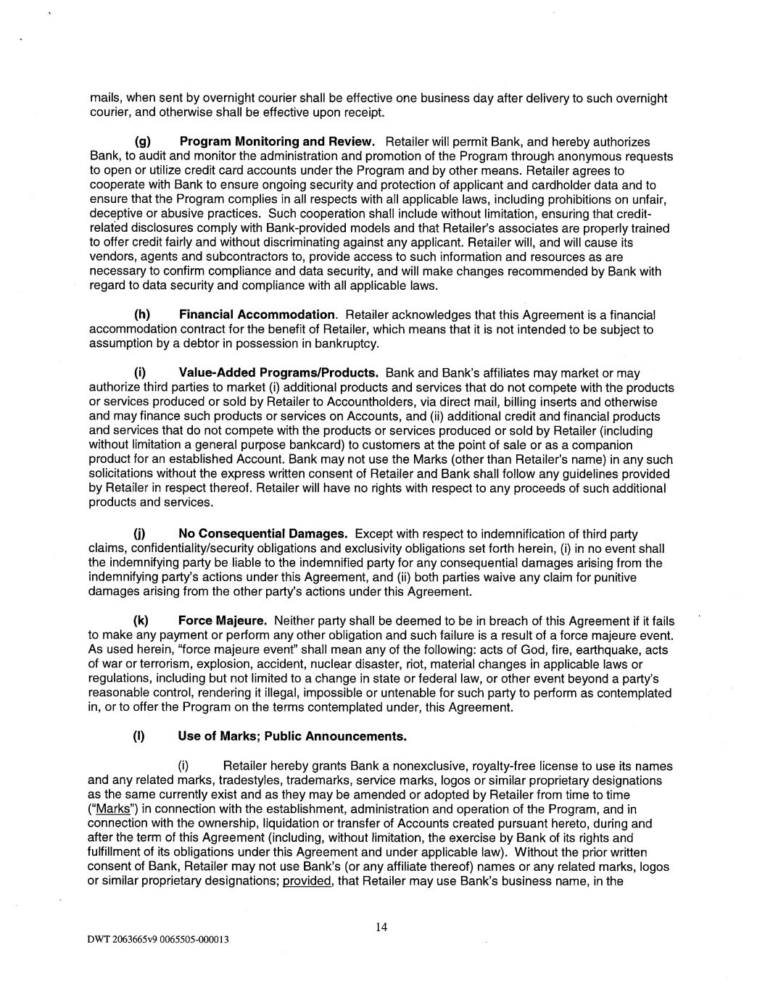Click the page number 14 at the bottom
(x=381, y=926)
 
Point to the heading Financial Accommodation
(x=257, y=315)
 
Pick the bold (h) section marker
(x=142, y=315)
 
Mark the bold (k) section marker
(x=142, y=621)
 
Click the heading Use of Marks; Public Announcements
(x=292, y=737)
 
